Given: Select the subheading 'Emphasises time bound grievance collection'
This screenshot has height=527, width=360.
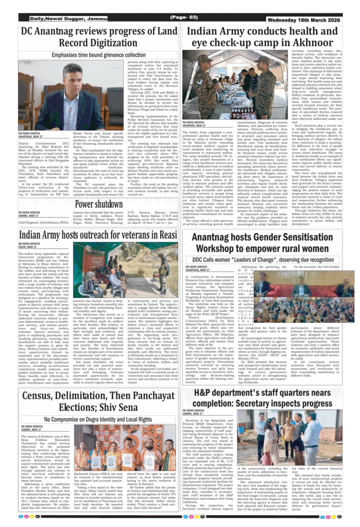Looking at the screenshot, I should (99, 55).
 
